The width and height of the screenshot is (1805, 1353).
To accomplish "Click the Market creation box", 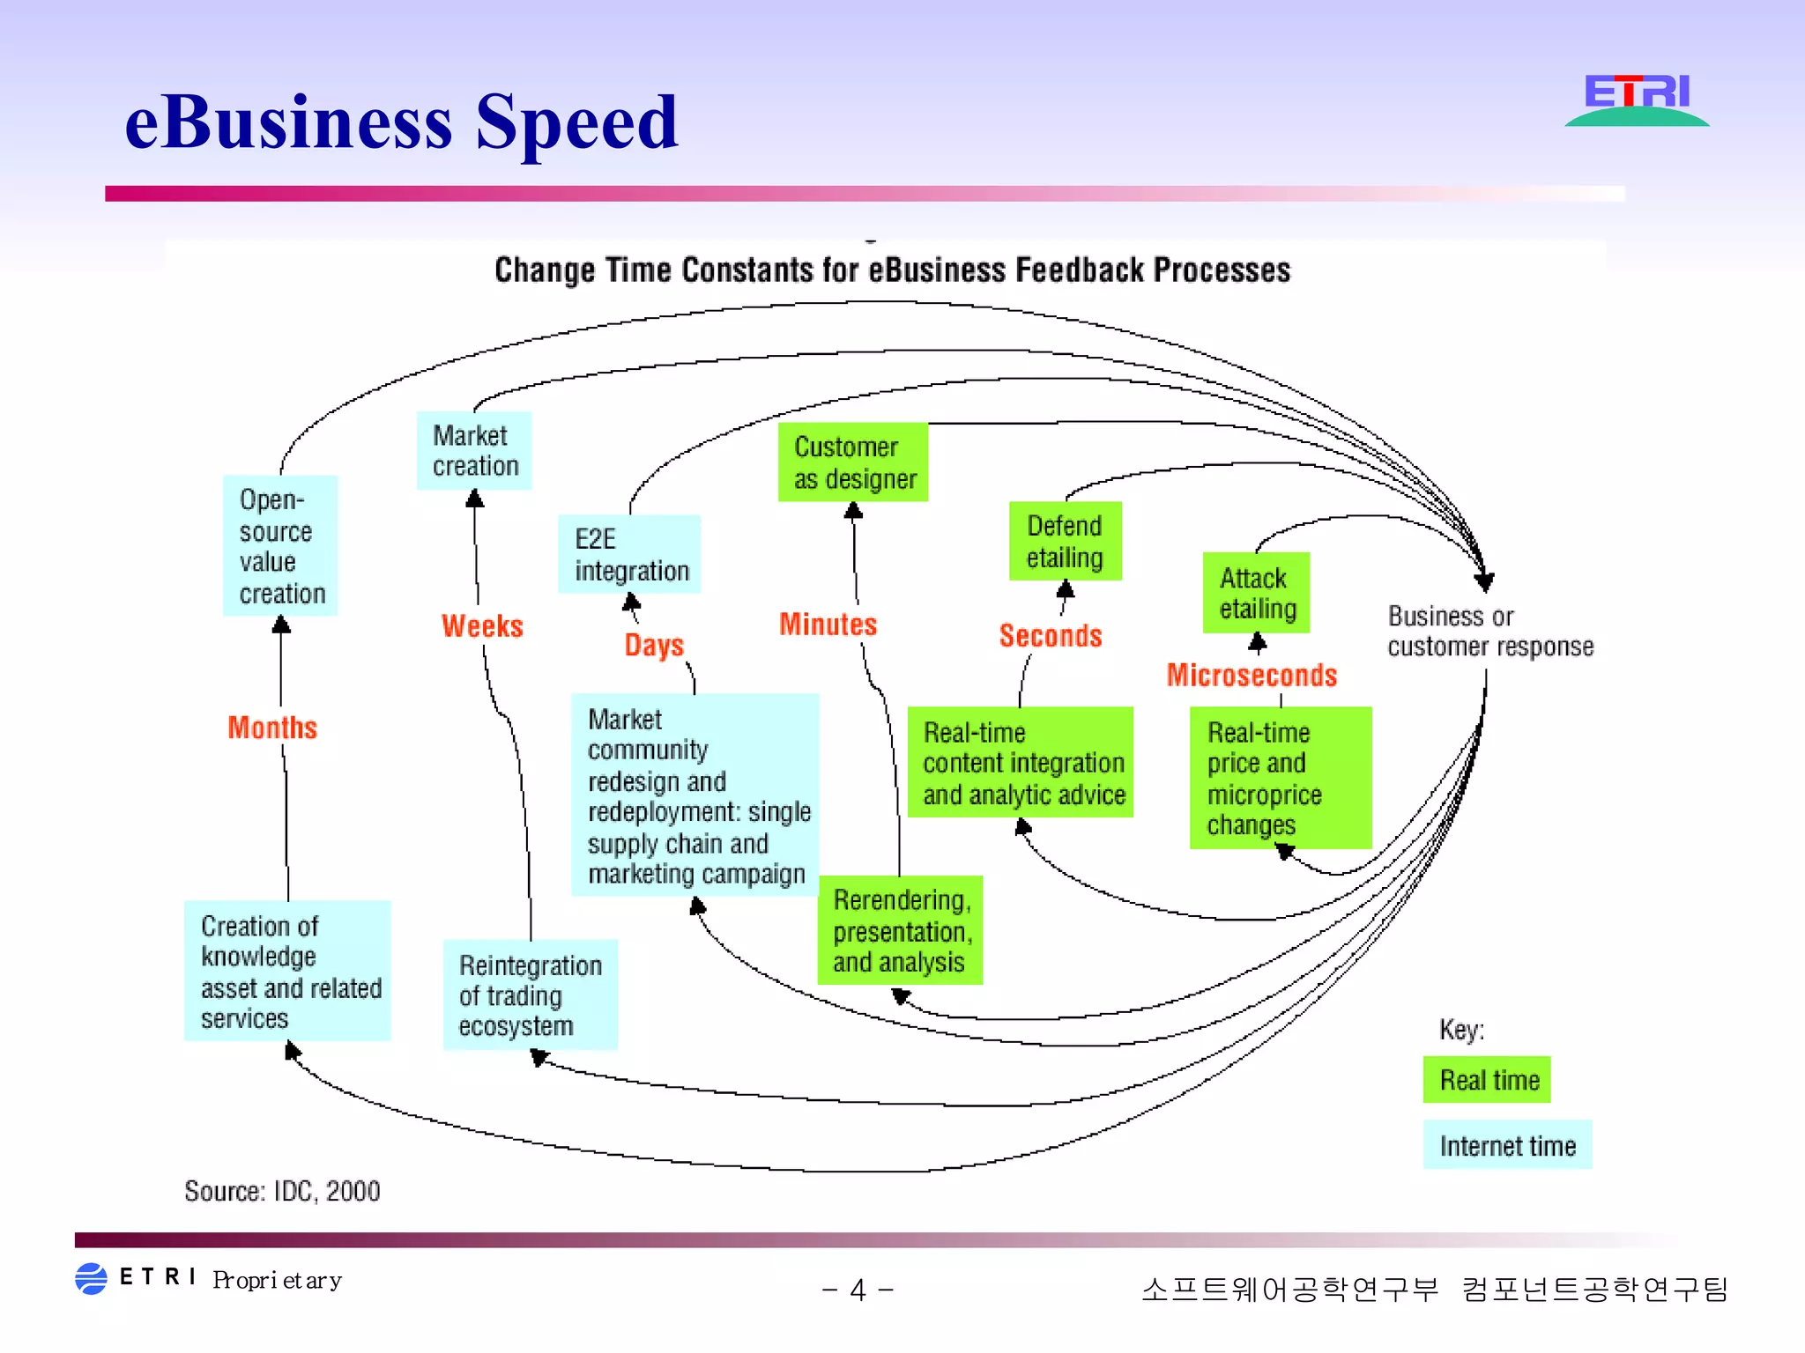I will point(474,450).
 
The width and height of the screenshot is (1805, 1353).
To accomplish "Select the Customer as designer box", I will point(853,462).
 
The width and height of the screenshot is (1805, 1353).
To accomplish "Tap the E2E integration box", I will point(629,554).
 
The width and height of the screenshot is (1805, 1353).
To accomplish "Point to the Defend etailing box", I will point(1065,541).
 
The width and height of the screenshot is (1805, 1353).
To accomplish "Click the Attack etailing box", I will point(1256,593).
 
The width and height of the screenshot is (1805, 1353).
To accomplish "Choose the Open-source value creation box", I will point(280,545).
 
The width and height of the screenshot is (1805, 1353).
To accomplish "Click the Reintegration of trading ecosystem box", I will point(530,994).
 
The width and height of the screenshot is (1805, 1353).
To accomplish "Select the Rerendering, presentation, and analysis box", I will point(900,930).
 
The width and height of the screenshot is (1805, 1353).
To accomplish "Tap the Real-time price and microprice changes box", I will point(1280,778).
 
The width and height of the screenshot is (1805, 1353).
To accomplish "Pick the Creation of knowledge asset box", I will point(287,971).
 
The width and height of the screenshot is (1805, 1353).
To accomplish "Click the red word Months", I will point(272,728).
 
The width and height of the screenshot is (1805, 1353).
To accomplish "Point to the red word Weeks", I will point(482,626).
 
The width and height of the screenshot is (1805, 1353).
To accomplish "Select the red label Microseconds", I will point(1252,675).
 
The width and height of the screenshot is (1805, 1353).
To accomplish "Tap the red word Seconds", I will point(1051,635).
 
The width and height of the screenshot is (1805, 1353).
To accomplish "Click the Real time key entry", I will point(1487,1080).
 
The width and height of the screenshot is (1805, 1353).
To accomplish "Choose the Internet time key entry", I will point(1507,1145).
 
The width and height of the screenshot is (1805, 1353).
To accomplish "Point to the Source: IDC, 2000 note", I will point(282,1191).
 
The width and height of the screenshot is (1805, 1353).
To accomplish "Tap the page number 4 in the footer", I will point(858,1290).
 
